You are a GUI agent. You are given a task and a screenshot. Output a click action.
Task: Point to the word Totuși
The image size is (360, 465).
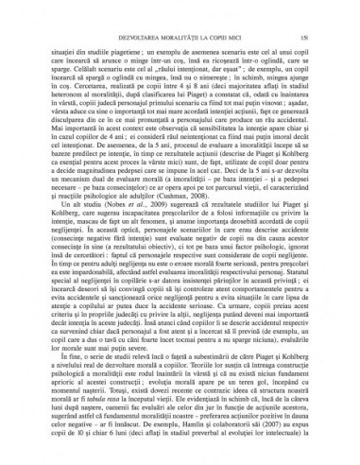[111, 422]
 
